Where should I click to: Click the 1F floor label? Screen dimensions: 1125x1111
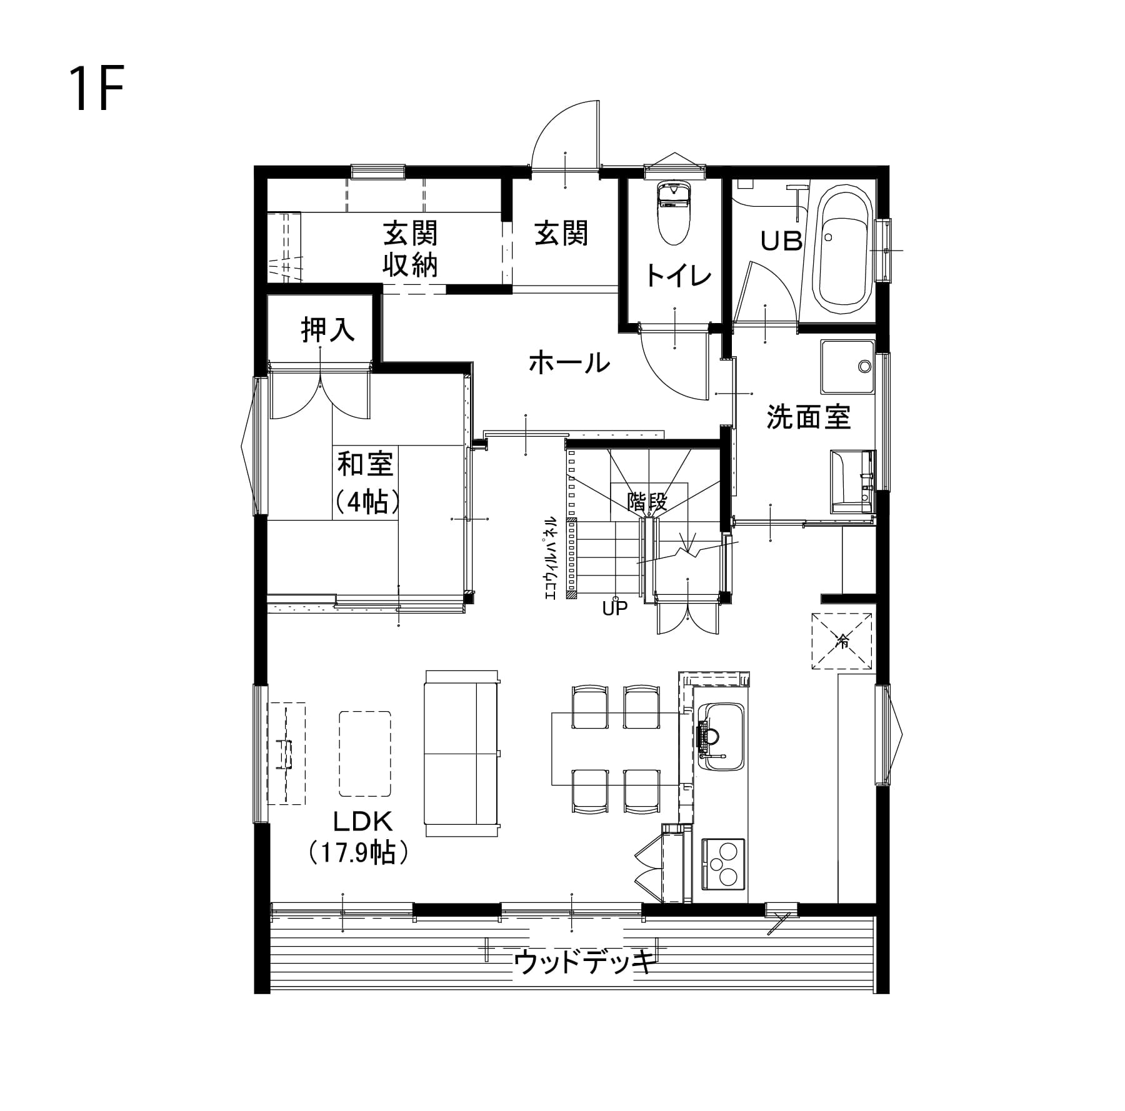tap(97, 88)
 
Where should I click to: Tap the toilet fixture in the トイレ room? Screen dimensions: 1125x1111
tap(673, 212)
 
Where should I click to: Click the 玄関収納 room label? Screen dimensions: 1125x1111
tap(410, 249)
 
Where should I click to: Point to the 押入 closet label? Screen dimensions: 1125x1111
tap(327, 329)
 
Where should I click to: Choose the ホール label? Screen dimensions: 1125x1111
tap(569, 362)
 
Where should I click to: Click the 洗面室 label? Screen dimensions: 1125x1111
tap(808, 417)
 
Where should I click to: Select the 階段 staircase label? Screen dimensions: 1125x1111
tap(648, 501)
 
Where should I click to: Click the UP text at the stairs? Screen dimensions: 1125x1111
tap(614, 608)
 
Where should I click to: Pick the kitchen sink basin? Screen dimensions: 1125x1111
tap(721, 737)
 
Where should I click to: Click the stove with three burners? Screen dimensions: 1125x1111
tap(724, 864)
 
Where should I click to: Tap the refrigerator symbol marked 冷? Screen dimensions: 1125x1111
tap(841, 640)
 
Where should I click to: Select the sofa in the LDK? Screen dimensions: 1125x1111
tap(462, 753)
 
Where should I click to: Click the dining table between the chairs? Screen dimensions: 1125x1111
tap(615, 749)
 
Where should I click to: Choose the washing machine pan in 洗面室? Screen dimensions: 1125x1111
tap(847, 367)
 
